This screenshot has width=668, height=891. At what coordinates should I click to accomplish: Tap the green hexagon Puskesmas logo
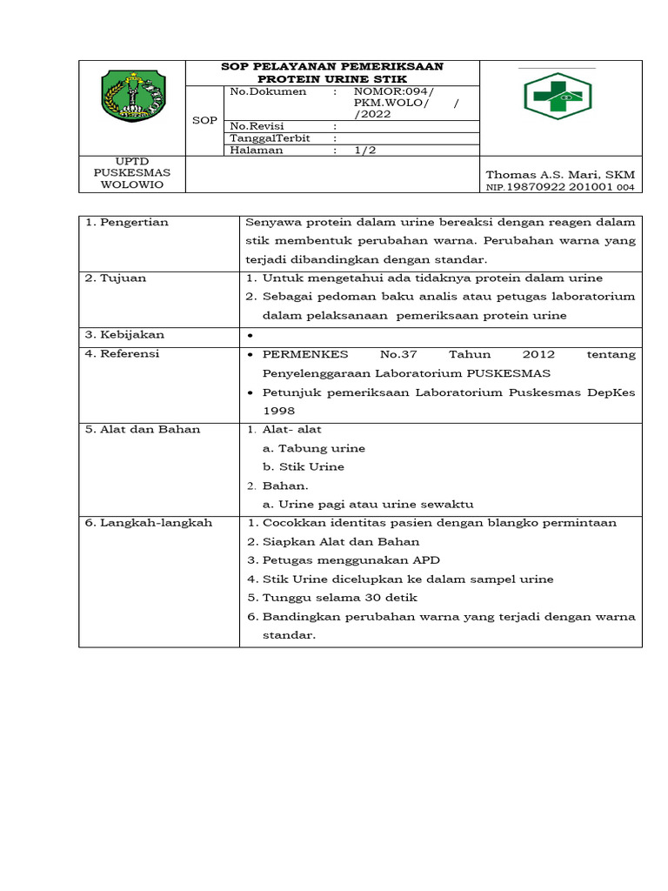(x=558, y=97)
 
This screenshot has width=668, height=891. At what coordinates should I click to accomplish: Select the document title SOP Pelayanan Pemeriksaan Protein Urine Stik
(x=332, y=73)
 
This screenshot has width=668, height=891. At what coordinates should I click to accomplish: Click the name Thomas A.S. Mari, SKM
(x=560, y=175)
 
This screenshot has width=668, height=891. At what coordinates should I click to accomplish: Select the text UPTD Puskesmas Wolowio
(x=132, y=172)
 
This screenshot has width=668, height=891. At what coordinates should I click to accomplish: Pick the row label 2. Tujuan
(x=116, y=278)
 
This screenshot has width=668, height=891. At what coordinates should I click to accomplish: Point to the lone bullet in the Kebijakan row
(x=250, y=336)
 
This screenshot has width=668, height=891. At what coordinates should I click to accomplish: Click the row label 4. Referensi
(x=123, y=354)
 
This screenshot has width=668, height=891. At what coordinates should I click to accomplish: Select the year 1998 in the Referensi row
(x=278, y=411)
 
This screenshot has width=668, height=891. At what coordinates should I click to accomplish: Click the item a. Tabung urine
(x=313, y=448)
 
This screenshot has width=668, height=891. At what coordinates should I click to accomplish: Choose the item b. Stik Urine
(x=304, y=467)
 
